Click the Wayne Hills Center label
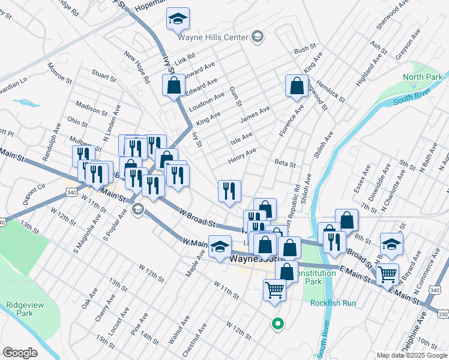pyautogui.click(x=213, y=37)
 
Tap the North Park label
pyautogui.click(x=422, y=77)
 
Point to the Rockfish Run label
pyautogui.click(x=333, y=303)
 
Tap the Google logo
pyautogui.click(x=20, y=353)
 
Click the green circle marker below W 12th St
pyautogui.click(x=277, y=324)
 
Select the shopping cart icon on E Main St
pyautogui.click(x=388, y=274)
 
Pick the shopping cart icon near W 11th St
pyautogui.click(x=275, y=290)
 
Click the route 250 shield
pyautogui.click(x=442, y=314)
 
